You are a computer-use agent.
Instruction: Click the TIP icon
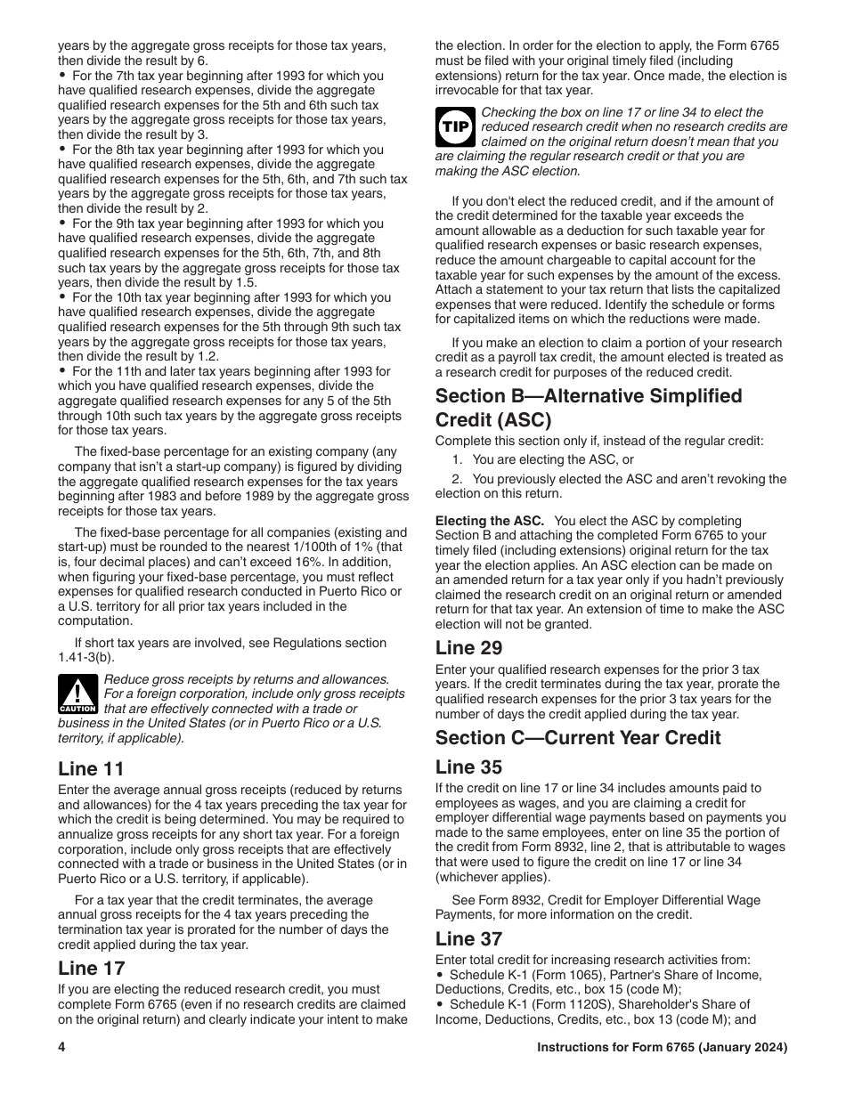[x=455, y=127]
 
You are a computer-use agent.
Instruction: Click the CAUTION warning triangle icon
[x=77, y=693]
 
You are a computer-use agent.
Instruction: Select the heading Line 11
[x=91, y=768]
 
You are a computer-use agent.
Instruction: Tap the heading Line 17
[x=91, y=968]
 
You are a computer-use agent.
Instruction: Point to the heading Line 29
[x=468, y=647]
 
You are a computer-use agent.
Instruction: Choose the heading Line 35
[x=468, y=766]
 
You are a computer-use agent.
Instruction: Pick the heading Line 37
[x=468, y=938]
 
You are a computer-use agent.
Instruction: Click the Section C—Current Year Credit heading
[x=578, y=737]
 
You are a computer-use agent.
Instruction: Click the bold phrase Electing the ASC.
[x=489, y=521]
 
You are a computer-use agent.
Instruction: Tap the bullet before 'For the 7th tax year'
[x=62, y=76]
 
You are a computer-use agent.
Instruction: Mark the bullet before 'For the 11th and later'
[x=62, y=371]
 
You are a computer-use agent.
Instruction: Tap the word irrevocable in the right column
[x=467, y=90]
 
